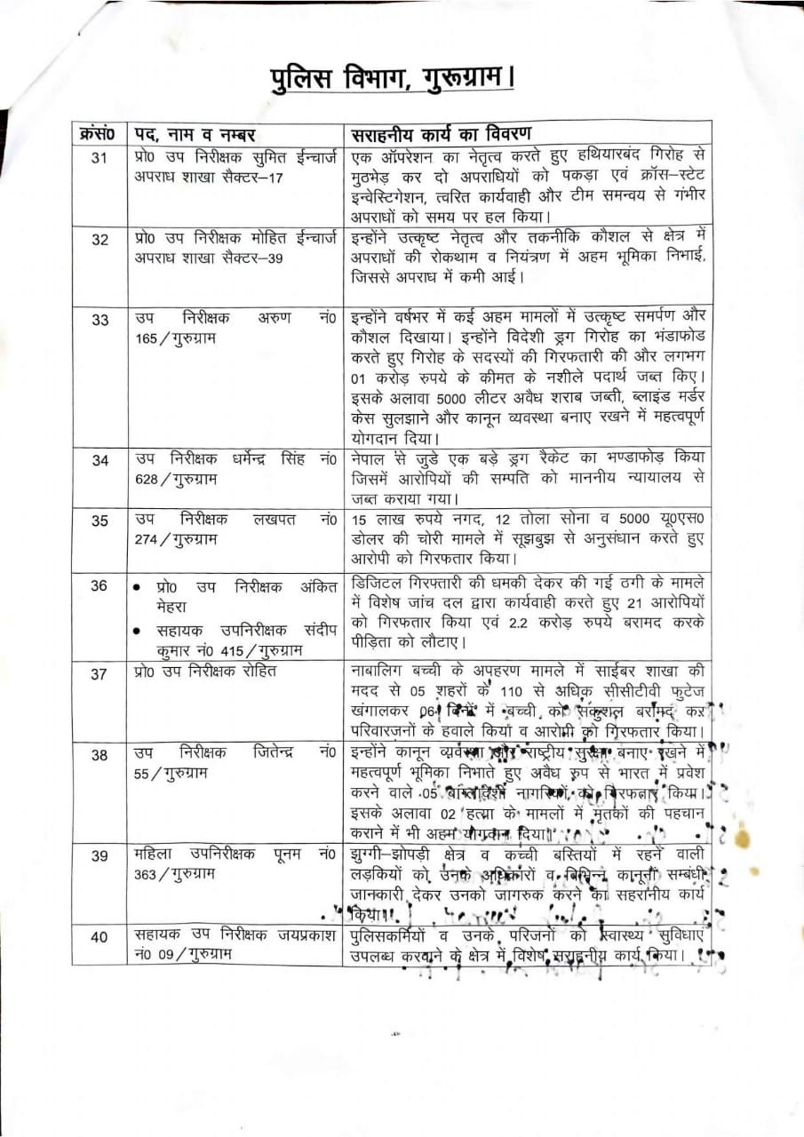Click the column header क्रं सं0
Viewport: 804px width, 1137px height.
(98, 134)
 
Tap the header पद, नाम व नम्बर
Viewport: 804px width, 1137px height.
(195, 134)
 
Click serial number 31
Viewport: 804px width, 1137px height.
(100, 158)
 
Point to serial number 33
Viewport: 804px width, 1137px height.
(100, 320)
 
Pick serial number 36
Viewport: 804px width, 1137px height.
(100, 585)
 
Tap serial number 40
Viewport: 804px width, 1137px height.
(100, 936)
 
